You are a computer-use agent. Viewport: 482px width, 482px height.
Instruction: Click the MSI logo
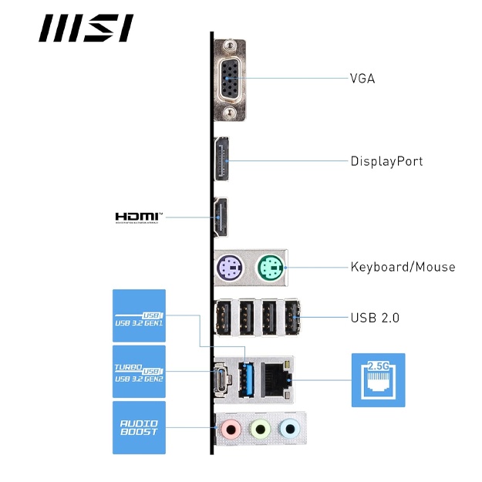pos(86,29)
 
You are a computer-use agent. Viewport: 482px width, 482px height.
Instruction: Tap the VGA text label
pos(362,79)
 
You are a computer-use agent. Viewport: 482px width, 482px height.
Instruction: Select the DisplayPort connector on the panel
pos(221,162)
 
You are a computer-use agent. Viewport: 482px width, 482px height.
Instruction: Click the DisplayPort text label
pos(386,161)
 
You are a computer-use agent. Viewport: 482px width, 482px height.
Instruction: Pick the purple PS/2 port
pos(229,268)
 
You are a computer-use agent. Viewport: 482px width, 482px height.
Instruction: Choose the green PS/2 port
pos(269,268)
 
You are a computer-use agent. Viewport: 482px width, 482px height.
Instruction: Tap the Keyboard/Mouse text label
pos(403,267)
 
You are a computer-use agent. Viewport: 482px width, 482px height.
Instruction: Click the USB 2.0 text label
pos(375,317)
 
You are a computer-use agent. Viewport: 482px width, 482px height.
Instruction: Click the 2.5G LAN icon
pos(378,379)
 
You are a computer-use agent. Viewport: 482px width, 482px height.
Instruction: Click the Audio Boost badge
pos(139,427)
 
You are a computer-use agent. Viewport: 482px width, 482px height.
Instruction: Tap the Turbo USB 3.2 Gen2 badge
pos(139,371)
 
